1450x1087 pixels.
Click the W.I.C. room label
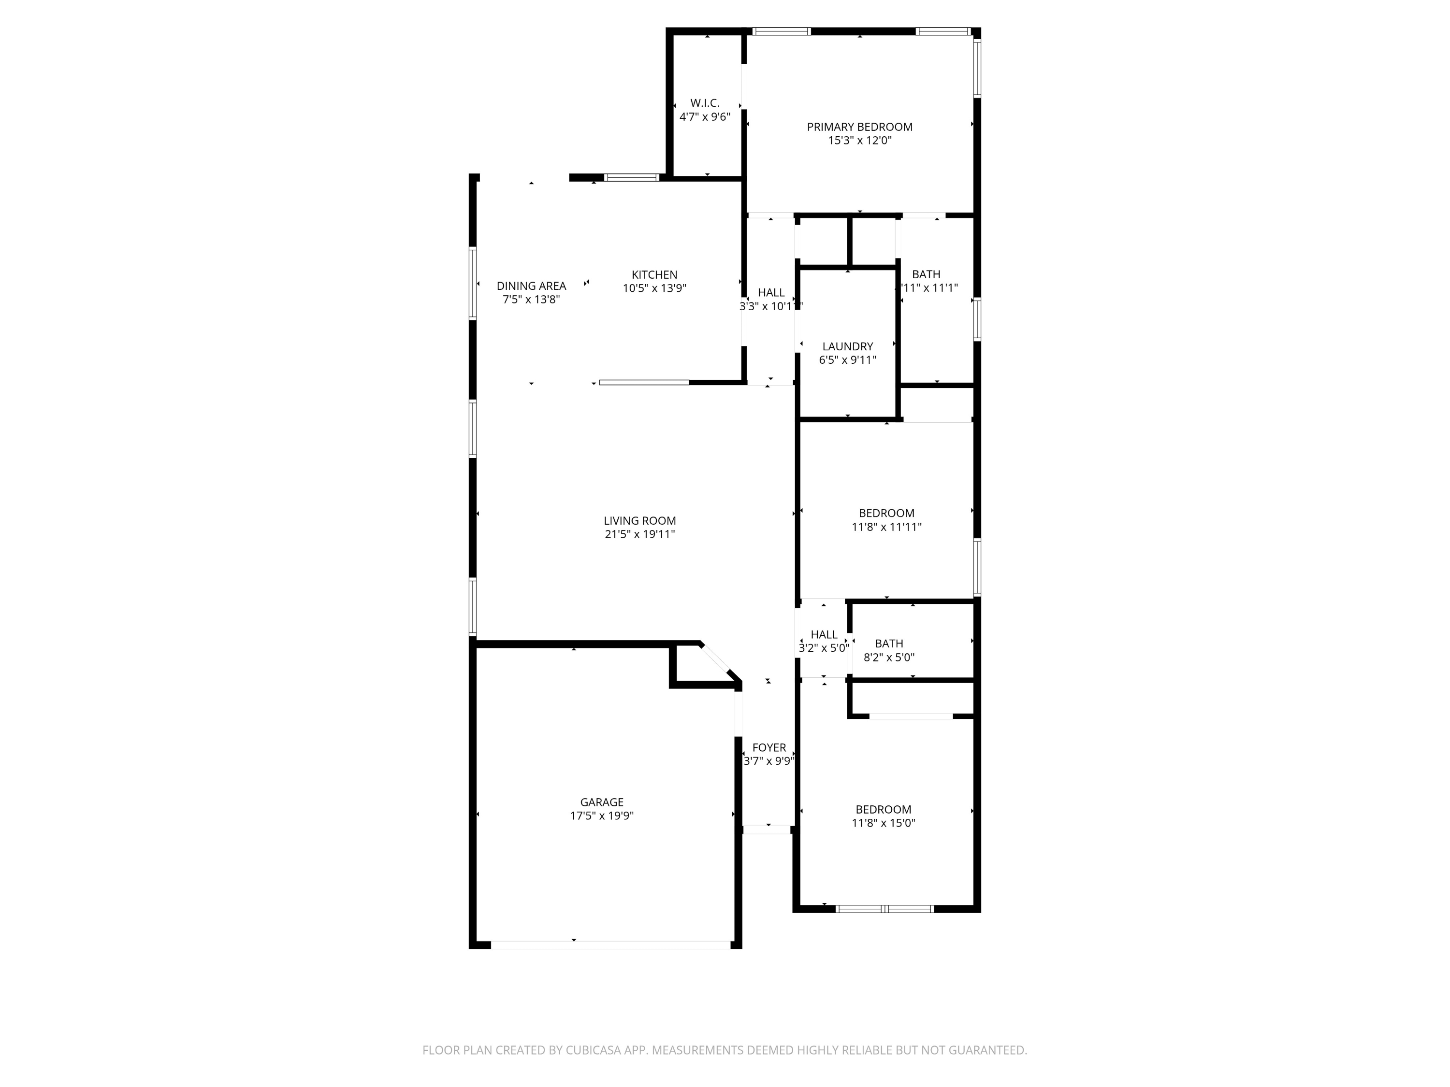click(705, 103)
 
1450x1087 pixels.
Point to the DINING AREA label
click(531, 286)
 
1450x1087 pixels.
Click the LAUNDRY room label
click(848, 346)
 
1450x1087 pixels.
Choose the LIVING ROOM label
click(640, 521)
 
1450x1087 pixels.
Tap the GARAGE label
click(602, 802)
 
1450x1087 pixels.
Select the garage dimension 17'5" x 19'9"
click(602, 816)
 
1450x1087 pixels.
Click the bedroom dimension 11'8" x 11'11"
click(886, 527)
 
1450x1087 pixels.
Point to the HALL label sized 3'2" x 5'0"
click(824, 635)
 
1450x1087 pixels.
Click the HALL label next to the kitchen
click(771, 293)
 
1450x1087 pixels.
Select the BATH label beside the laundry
click(926, 274)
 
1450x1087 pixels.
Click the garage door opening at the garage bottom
click(610, 945)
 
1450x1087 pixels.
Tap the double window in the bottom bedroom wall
click(884, 909)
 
